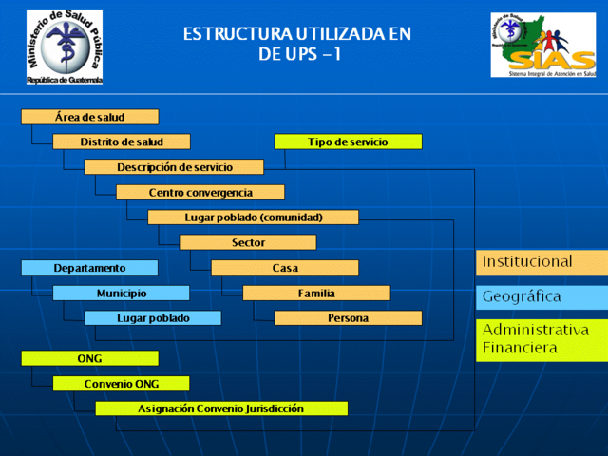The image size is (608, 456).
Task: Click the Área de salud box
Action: coord(89,117)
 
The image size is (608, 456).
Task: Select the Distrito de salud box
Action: coord(121,142)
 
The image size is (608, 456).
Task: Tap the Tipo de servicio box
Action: coord(348,142)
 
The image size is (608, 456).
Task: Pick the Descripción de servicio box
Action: coord(173,167)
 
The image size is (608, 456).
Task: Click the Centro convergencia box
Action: coord(199,193)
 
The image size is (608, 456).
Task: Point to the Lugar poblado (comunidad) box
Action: coord(253,218)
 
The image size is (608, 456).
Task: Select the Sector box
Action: coord(247,242)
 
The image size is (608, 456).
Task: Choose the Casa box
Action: coord(284,268)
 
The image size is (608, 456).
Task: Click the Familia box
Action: coord(315,293)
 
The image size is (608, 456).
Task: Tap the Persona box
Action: coord(348,318)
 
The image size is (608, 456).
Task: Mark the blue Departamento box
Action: coord(89,268)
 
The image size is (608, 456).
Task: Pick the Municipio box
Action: coord(121,293)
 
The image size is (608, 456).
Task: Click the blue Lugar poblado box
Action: coord(152,318)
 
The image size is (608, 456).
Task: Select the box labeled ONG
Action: coord(89,358)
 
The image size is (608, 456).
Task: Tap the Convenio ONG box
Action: coord(121,384)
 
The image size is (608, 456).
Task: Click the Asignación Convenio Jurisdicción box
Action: coord(220,408)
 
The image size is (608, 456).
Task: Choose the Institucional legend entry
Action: coord(541,261)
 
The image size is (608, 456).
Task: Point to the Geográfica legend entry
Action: coord(541,297)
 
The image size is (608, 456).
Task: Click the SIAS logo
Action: coord(542,45)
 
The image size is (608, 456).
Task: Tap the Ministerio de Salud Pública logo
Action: coord(65,47)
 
